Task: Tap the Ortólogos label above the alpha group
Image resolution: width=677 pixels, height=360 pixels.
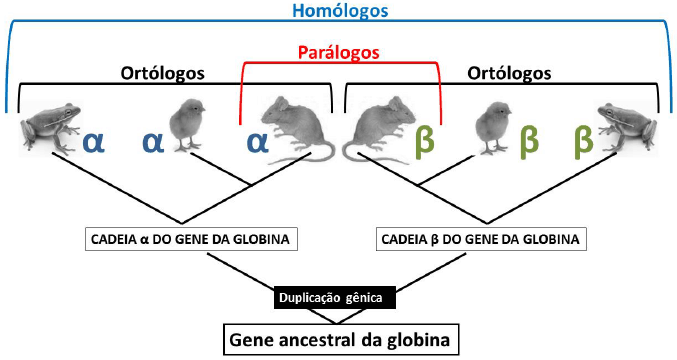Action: [x=163, y=73]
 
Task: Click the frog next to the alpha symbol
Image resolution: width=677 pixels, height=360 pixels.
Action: [x=49, y=127]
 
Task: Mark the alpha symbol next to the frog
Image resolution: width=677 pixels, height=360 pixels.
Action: [x=93, y=140]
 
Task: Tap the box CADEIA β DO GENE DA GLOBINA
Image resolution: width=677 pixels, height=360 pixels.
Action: [x=482, y=240]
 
